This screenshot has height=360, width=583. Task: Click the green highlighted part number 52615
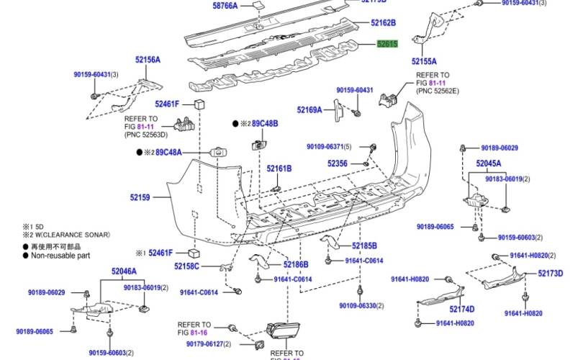(x=387, y=44)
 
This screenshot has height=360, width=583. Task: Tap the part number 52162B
(x=384, y=24)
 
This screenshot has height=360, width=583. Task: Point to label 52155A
(x=424, y=62)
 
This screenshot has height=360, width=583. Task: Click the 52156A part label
(x=147, y=60)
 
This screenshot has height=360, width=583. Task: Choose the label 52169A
(x=309, y=110)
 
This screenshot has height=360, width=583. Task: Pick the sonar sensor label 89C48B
(x=264, y=124)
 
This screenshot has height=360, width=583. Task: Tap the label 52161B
(x=279, y=168)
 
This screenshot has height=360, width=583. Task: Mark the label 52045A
(x=488, y=163)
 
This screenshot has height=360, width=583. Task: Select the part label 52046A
(x=124, y=271)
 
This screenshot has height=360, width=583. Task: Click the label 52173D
(x=551, y=274)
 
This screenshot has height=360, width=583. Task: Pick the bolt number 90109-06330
(x=363, y=306)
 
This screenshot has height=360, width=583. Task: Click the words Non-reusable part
(x=60, y=255)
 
